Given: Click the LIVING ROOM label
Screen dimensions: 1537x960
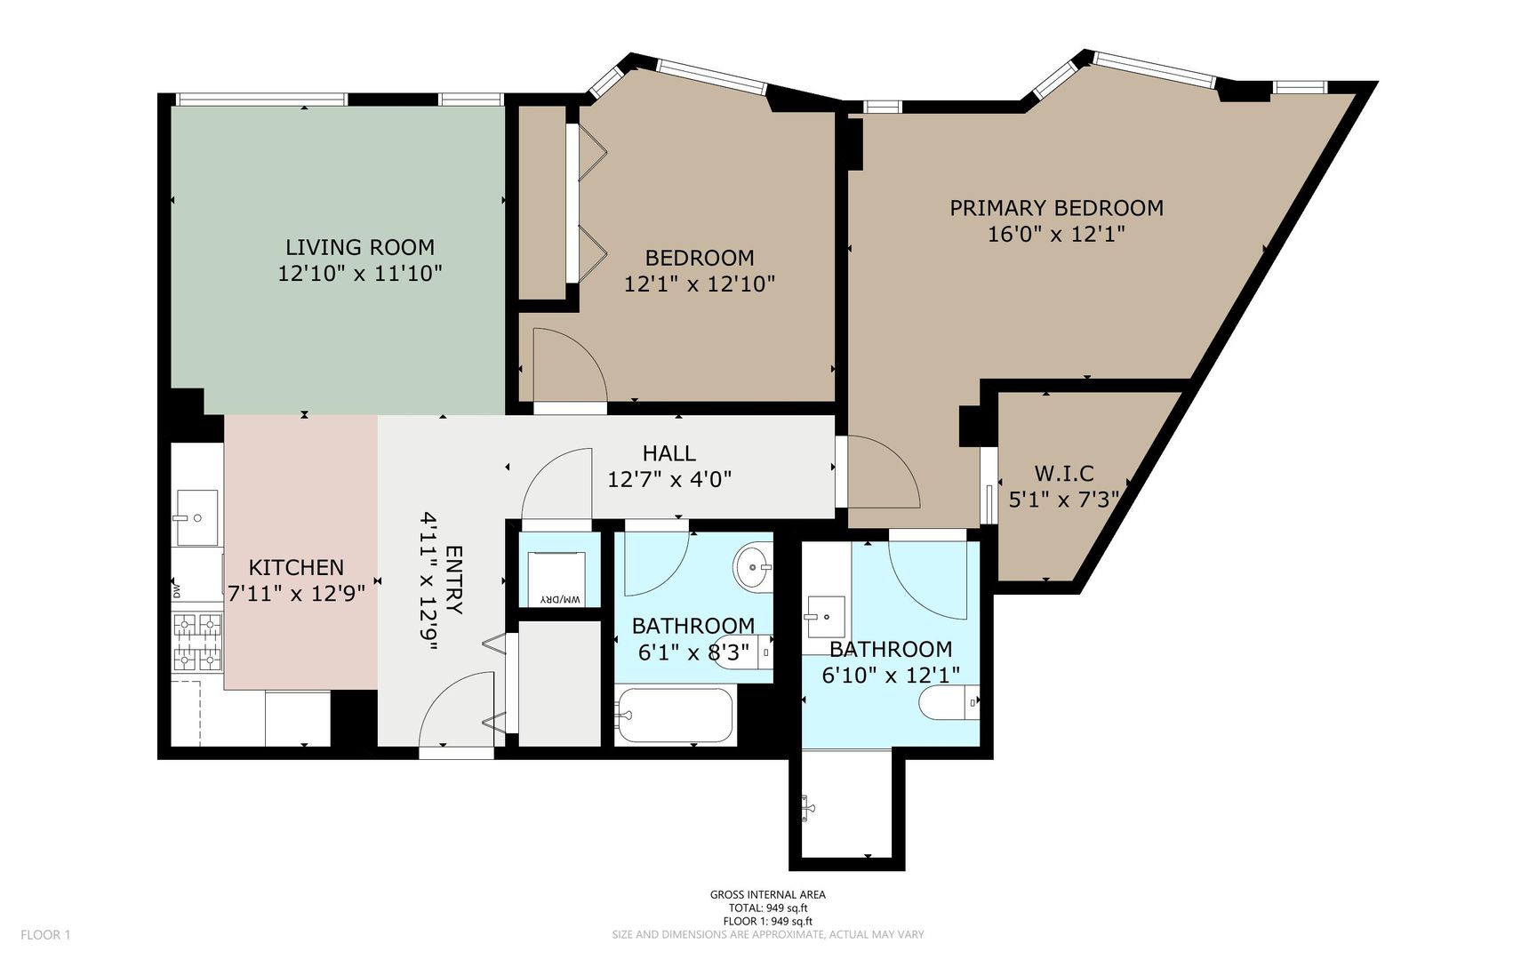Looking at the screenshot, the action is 360,247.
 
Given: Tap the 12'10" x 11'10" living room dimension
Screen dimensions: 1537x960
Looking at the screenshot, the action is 360,274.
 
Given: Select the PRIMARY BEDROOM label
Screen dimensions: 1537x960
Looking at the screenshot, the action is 1056,208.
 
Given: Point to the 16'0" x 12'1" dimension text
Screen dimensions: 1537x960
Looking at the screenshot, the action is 1056,235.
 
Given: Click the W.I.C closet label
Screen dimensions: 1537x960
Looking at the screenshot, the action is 1064,474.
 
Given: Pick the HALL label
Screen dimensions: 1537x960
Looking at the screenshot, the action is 669,453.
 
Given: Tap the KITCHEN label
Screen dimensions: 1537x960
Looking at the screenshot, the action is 296,567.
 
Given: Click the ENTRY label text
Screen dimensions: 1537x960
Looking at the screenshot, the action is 453,580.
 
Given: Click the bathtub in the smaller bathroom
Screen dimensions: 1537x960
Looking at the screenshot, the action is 675,716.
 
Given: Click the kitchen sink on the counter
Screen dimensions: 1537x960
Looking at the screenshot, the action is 196,517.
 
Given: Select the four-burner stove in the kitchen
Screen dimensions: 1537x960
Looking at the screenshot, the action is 197,642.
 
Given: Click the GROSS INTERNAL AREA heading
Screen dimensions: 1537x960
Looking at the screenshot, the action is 767,895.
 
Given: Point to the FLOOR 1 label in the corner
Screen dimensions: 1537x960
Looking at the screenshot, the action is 45,934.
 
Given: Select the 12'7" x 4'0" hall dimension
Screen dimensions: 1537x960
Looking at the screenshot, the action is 669,480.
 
